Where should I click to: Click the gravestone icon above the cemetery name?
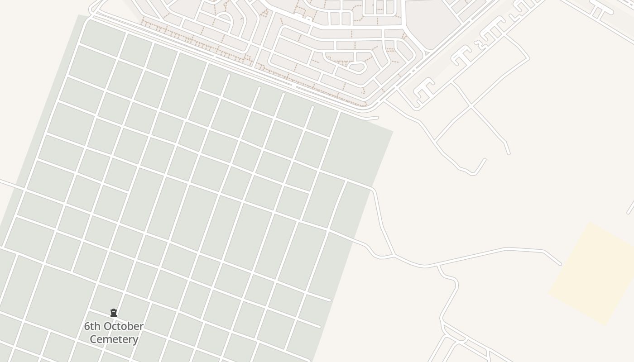114,313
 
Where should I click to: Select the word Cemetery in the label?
114,339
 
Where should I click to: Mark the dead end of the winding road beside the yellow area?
561,264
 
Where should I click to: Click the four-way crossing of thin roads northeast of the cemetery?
471,107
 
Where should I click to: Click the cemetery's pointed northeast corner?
392,132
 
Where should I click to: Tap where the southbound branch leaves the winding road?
437,266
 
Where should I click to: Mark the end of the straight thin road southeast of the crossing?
509,153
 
